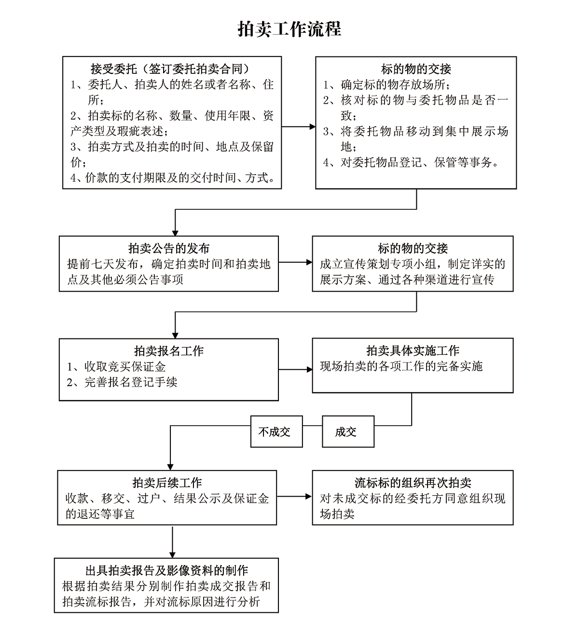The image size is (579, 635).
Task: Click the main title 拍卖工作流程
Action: (x=289, y=29)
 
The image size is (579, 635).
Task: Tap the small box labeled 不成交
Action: (x=276, y=432)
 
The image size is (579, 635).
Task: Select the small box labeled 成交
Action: (x=348, y=432)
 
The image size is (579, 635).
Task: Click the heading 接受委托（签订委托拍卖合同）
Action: (x=172, y=68)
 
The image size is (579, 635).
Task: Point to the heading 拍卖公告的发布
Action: (x=168, y=248)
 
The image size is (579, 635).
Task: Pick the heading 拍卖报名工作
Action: (x=168, y=351)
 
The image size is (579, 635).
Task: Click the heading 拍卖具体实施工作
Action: (x=413, y=351)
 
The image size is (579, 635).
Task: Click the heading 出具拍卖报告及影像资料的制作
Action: (x=166, y=570)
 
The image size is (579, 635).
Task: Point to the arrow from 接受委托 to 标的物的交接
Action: (x=298, y=127)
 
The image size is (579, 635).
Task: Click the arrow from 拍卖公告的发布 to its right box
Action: (x=295, y=262)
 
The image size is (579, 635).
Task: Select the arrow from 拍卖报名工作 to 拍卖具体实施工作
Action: (x=295, y=369)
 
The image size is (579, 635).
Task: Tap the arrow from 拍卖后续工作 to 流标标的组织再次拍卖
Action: (x=294, y=496)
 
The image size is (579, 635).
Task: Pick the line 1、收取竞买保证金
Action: (x=116, y=366)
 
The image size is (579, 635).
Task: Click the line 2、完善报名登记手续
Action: (x=122, y=382)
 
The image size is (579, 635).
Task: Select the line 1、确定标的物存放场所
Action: (x=386, y=84)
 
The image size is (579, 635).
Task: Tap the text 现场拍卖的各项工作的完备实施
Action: (x=401, y=366)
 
